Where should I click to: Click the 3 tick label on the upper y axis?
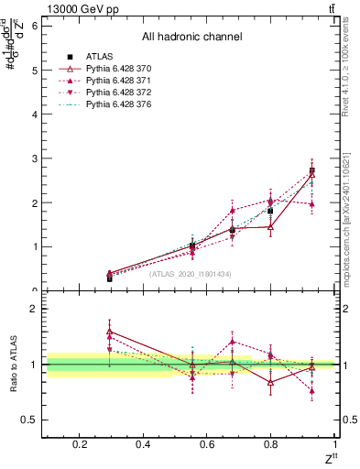(34, 158)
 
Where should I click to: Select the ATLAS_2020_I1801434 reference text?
(191, 274)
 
